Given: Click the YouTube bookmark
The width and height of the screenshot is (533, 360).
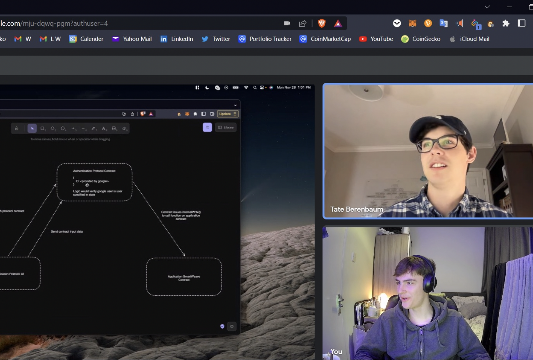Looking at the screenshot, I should pos(376,39).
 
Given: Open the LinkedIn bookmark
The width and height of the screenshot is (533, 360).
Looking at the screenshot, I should pos(177,39).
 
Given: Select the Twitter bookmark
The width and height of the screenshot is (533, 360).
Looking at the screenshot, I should pos(216,39).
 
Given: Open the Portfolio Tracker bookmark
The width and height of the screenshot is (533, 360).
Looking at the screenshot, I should pos(265,39).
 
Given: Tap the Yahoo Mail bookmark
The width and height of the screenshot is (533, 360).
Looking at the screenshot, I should pos(132,39).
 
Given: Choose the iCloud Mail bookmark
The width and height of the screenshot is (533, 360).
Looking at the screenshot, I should pos(469,39).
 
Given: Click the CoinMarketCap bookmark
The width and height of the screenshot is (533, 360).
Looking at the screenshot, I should pos(325,39).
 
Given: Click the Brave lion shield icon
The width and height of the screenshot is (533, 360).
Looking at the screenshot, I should pos(322,23).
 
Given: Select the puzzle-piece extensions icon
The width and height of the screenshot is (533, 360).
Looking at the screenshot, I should pos(506,23).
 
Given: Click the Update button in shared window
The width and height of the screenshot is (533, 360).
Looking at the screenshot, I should pos(225,114).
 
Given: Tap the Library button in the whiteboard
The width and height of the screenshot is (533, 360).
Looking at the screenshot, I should pos(226,127).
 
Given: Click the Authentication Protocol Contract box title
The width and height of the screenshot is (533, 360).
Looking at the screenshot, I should pos(94,171).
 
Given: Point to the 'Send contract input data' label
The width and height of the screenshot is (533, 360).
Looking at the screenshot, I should pos(67,231).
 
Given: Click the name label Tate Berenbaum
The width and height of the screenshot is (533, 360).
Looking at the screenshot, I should pos(357,209).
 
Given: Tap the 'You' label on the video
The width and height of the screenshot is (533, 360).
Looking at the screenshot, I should pos(336,351).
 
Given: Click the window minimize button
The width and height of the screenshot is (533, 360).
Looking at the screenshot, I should pos(509,7).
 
